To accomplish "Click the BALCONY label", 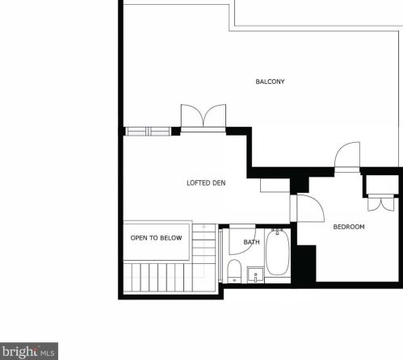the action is (x=270, y=82).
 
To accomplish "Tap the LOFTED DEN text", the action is (x=206, y=183).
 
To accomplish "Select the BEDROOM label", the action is (x=349, y=227).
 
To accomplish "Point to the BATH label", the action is (x=251, y=242).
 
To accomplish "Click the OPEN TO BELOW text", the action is (x=156, y=238).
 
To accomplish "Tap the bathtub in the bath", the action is (x=277, y=252).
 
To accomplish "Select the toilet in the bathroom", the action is (x=234, y=271).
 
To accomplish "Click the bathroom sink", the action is (x=255, y=274).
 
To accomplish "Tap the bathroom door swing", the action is (x=242, y=241).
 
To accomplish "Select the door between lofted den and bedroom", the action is (x=310, y=208).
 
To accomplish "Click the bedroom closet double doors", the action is (x=381, y=204).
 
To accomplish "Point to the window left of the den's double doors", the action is (x=148, y=132).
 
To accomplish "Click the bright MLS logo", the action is (x=29, y=351).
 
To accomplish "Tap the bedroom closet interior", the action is (x=382, y=185).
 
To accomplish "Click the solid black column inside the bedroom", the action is (x=306, y=264).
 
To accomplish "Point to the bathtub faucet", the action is (x=277, y=232).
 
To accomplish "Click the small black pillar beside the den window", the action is (x=176, y=132).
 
